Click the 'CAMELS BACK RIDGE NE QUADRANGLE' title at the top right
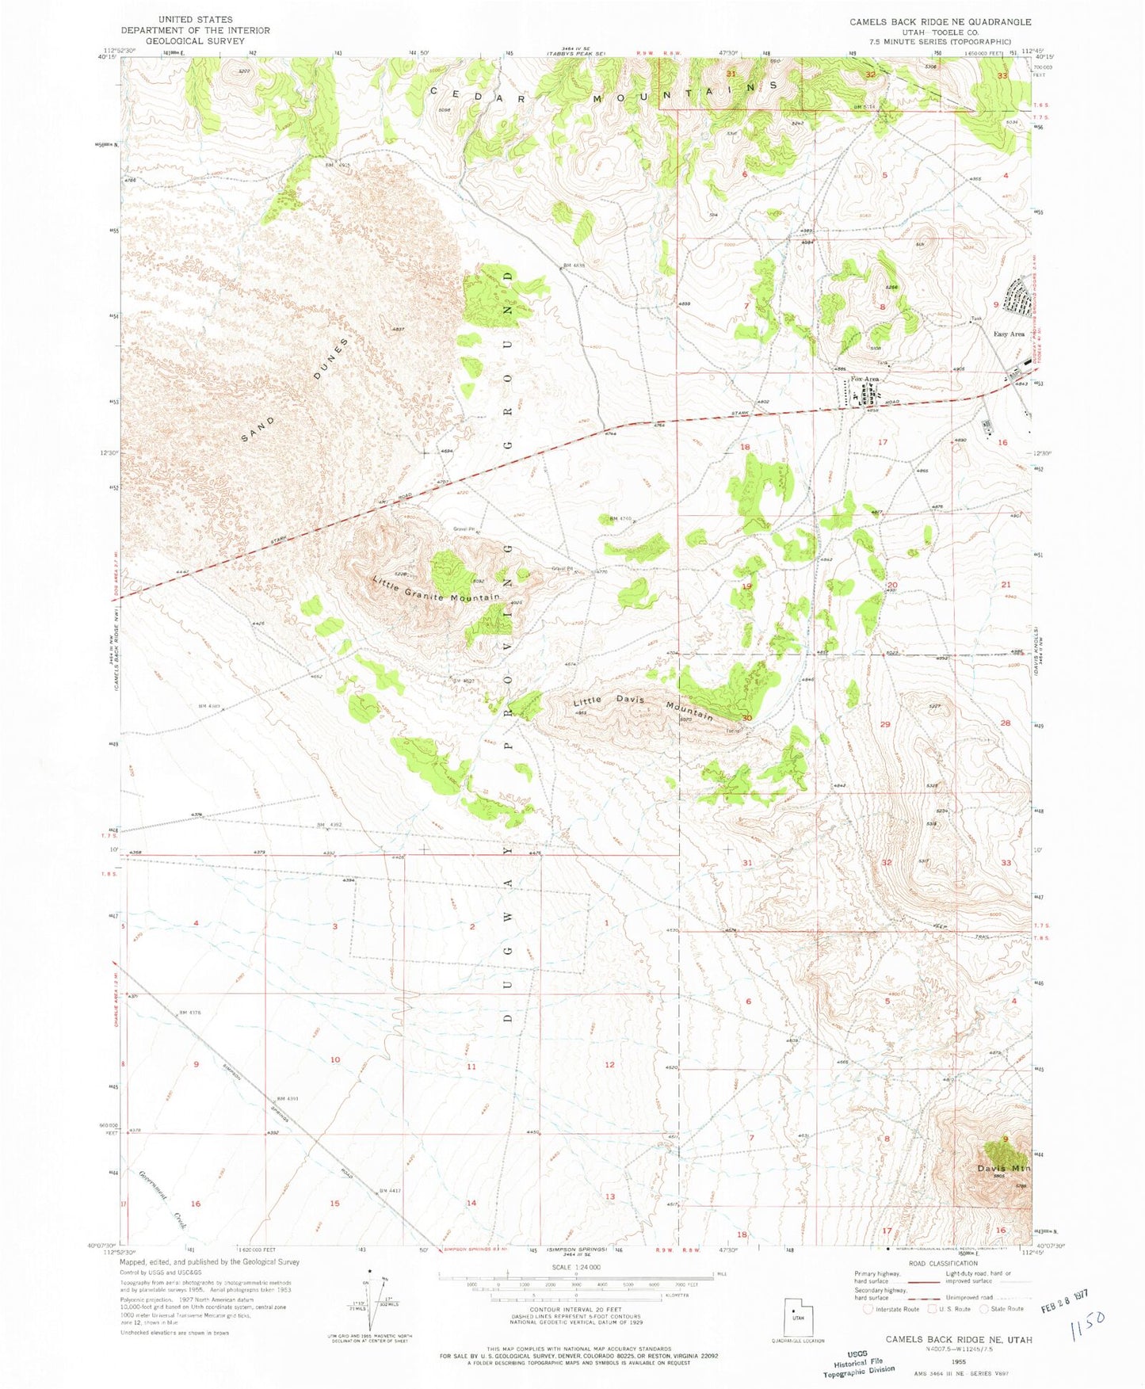(x=940, y=21)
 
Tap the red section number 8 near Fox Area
(x=882, y=307)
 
